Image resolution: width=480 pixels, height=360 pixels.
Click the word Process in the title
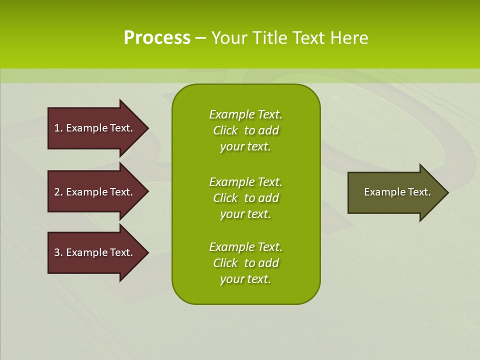click(157, 38)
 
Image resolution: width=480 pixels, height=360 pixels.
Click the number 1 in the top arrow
click(57, 128)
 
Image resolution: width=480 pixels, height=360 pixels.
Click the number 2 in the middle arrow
click(57, 192)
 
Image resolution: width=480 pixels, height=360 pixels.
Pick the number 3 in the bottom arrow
click(57, 252)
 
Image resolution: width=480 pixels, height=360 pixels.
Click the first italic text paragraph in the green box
click(245, 130)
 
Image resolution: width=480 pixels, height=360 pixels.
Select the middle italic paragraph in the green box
click(245, 197)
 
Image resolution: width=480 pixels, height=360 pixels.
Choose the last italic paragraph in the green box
click(245, 263)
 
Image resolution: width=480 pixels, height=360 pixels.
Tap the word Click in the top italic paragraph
click(225, 130)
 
